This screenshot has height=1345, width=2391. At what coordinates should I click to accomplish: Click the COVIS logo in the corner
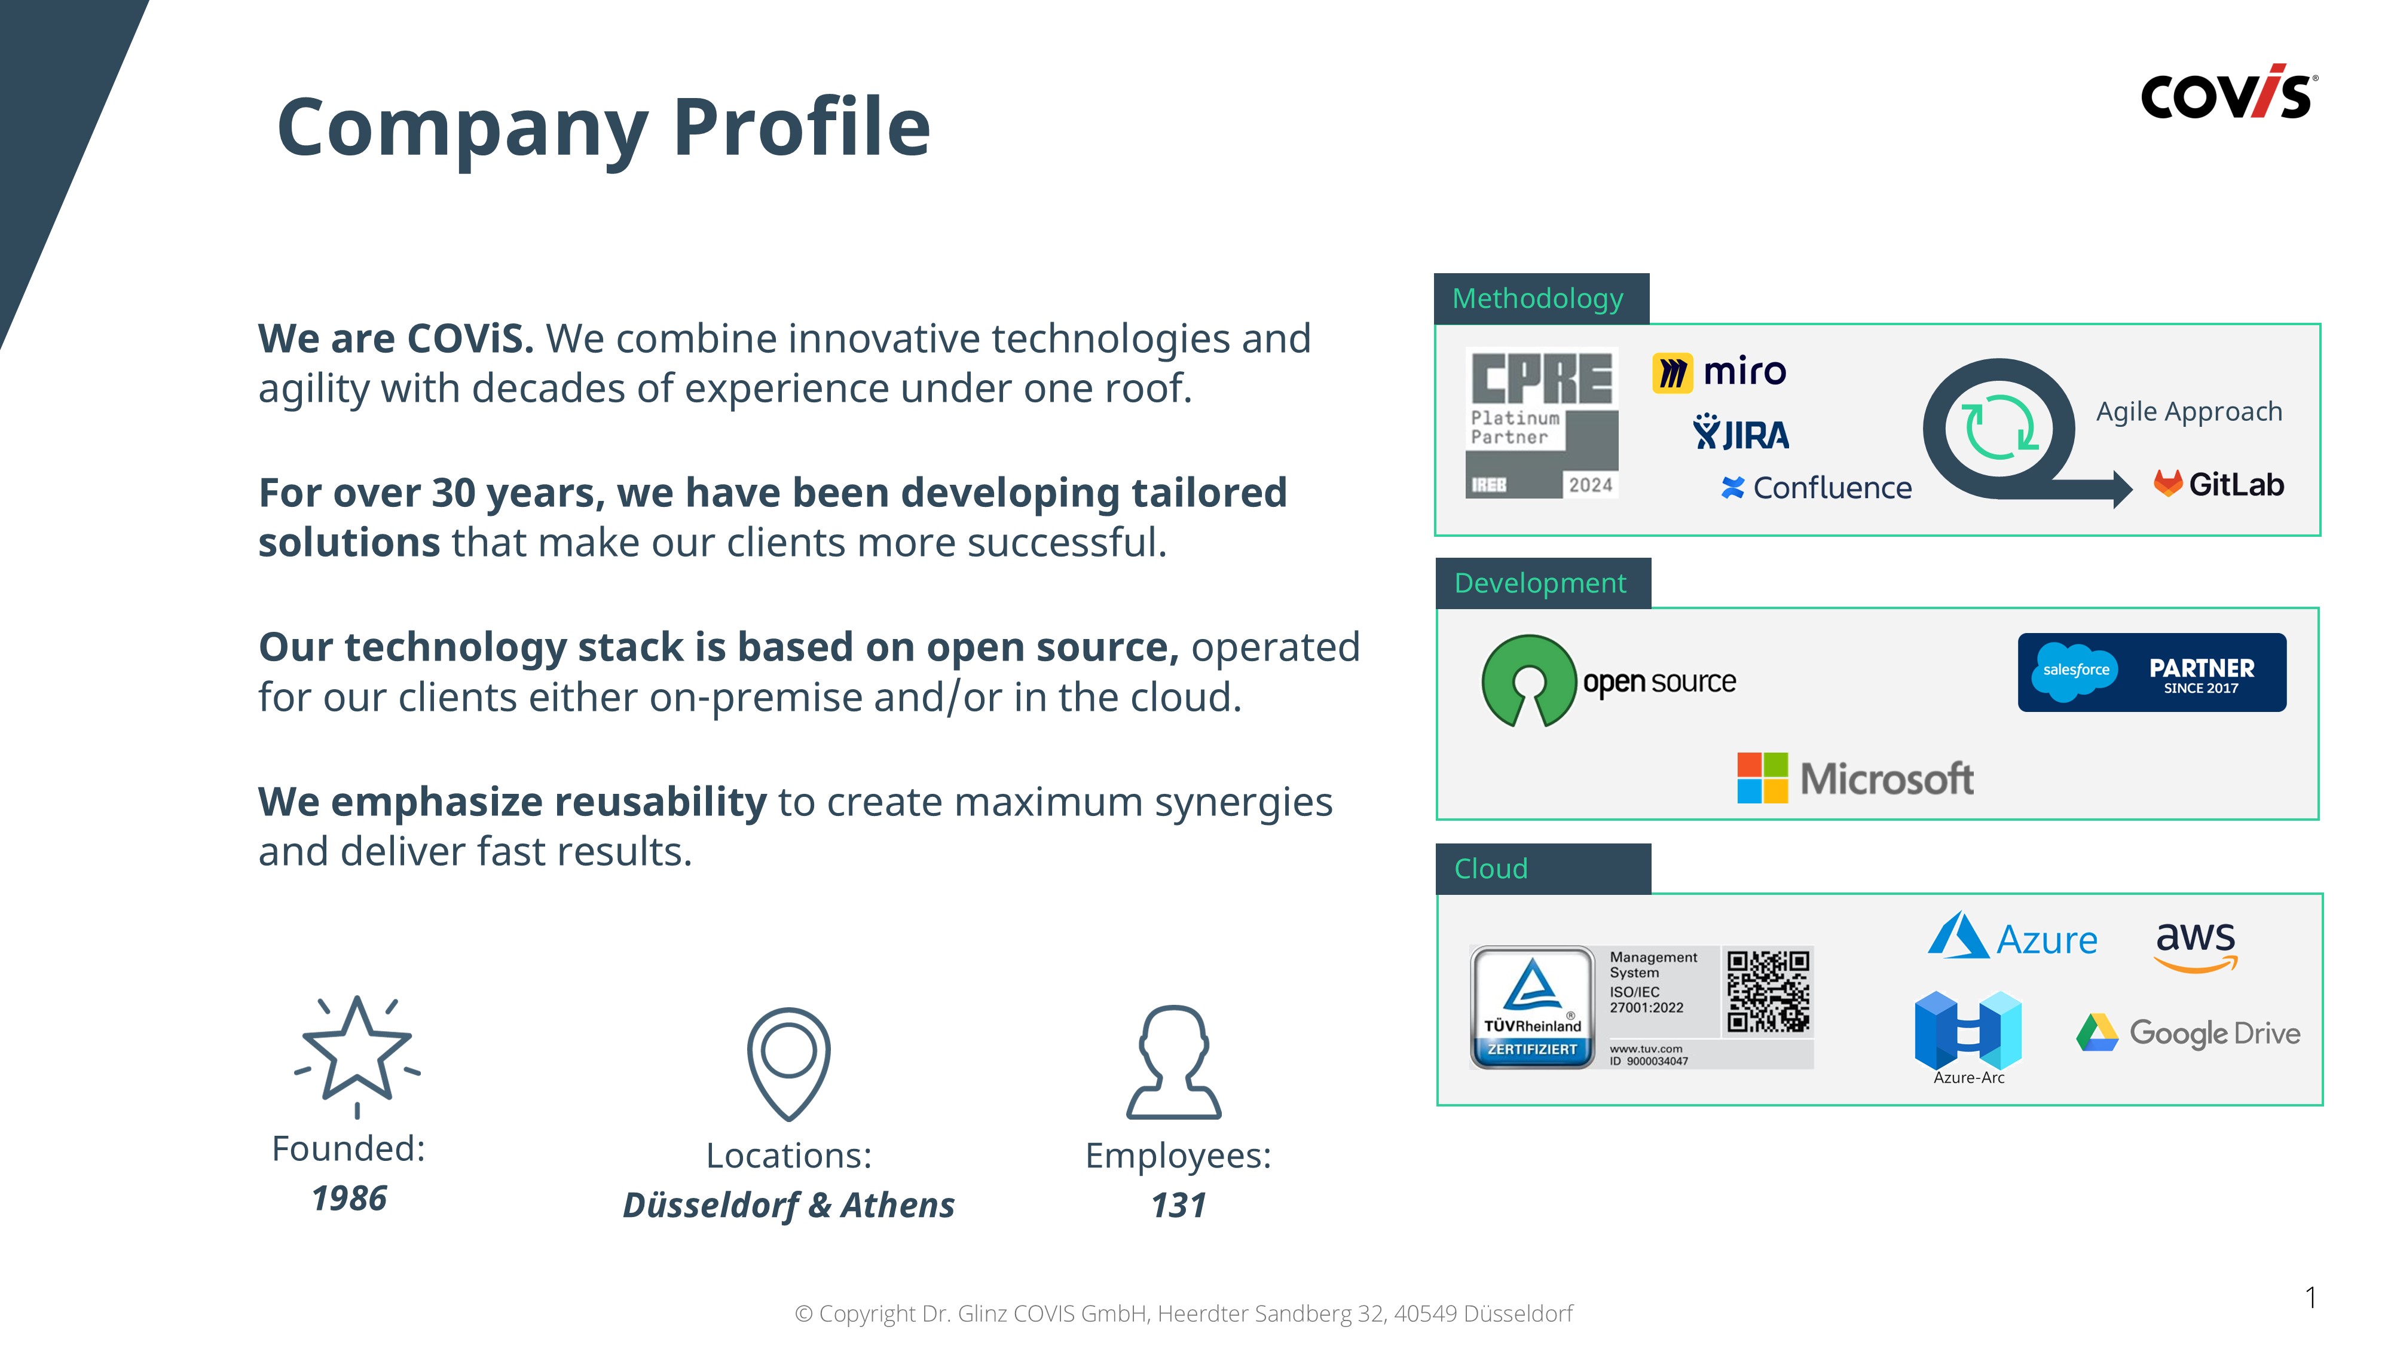(x=2228, y=92)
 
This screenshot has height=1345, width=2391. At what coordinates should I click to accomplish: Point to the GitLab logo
(x=2218, y=484)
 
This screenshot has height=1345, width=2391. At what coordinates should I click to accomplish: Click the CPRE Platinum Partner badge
(x=1542, y=423)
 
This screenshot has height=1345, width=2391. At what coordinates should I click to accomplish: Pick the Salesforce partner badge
(x=2151, y=672)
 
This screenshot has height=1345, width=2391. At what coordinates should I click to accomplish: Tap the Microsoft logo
(x=1854, y=778)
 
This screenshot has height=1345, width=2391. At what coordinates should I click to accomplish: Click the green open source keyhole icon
(x=1528, y=680)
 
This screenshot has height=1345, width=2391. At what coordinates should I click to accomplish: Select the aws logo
(x=2195, y=946)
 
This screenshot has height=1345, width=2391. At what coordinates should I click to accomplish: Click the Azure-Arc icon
(x=1968, y=1031)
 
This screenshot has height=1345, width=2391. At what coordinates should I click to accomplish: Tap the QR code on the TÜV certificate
(x=1768, y=991)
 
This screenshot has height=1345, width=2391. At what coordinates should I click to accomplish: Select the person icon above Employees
(x=1173, y=1062)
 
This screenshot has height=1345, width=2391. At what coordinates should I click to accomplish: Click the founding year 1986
(x=349, y=1199)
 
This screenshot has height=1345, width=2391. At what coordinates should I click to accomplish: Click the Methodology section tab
(x=1541, y=298)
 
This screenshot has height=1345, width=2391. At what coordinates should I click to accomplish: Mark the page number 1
(x=2310, y=1297)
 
